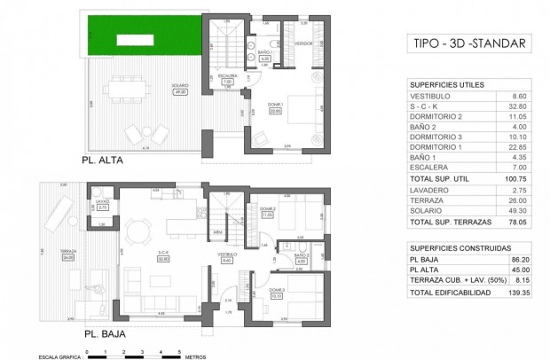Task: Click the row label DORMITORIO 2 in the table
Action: pos(436,116)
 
